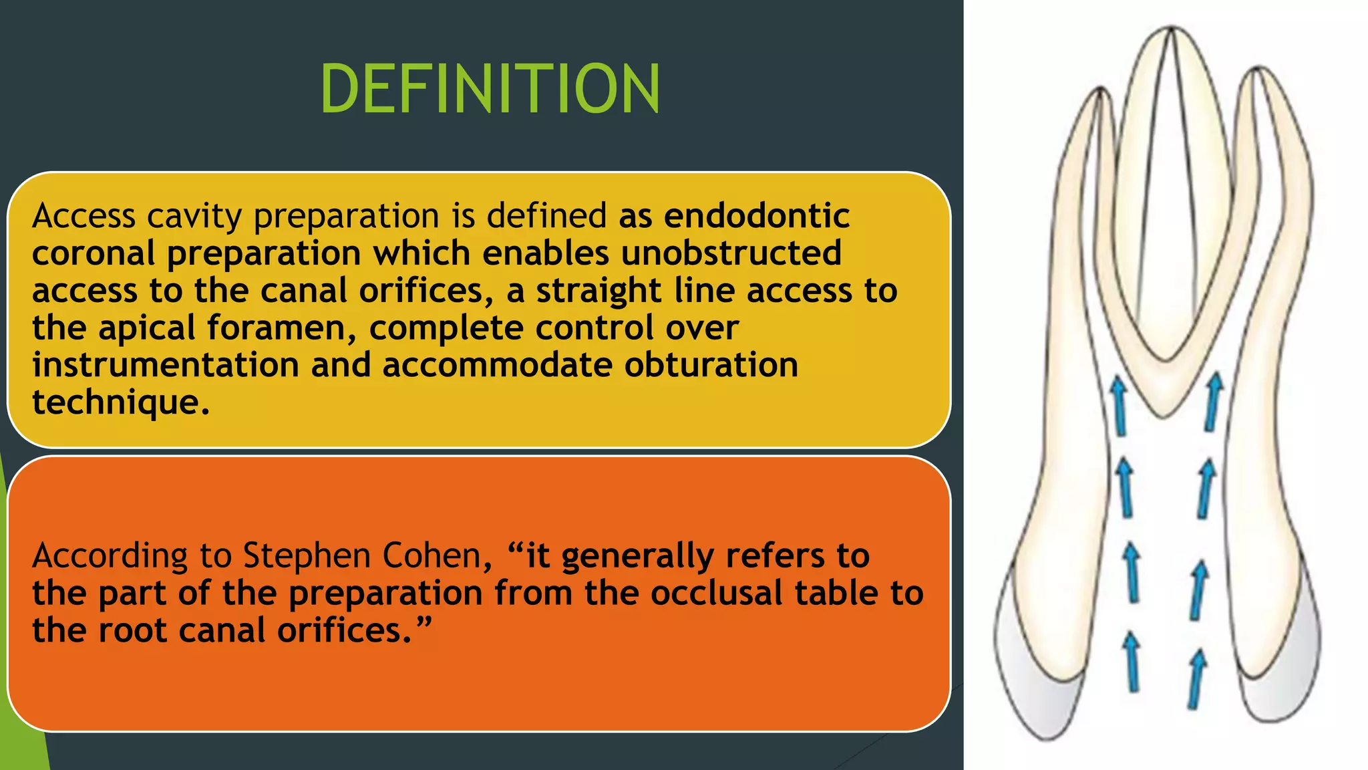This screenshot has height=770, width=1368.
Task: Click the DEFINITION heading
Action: (490, 89)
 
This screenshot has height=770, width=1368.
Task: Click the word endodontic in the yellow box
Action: (756, 216)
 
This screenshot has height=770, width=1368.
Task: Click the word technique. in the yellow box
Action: (121, 402)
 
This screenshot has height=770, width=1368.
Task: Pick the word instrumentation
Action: (165, 365)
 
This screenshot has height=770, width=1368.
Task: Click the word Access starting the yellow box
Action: (84, 217)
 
